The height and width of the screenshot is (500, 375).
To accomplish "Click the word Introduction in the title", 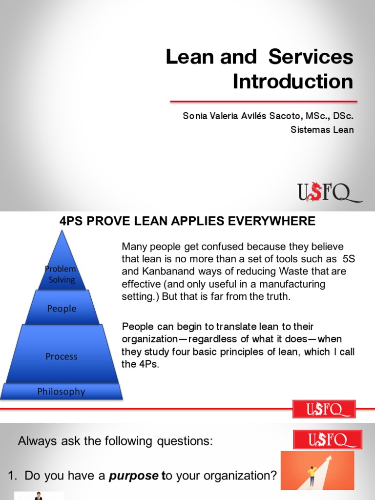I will click(x=292, y=81).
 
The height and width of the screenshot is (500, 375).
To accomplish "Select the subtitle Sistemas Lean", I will click(x=322, y=129).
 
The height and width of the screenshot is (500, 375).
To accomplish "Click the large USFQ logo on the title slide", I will click(x=330, y=192).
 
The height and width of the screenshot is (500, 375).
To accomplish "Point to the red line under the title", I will click(x=263, y=101).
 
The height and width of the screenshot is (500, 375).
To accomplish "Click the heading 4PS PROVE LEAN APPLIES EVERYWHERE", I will click(x=187, y=221).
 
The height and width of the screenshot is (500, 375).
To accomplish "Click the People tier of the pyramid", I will click(x=62, y=309).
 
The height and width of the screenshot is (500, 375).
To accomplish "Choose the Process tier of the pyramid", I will click(x=62, y=356).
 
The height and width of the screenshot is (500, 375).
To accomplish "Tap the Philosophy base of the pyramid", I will click(x=62, y=392).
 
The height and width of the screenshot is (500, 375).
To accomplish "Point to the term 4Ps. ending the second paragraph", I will click(x=147, y=364).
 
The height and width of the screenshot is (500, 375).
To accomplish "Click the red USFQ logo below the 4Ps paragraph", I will click(x=324, y=409).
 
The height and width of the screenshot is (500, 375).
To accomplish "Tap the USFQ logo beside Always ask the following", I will click(x=328, y=439).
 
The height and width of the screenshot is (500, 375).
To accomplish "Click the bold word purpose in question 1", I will click(x=133, y=475).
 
